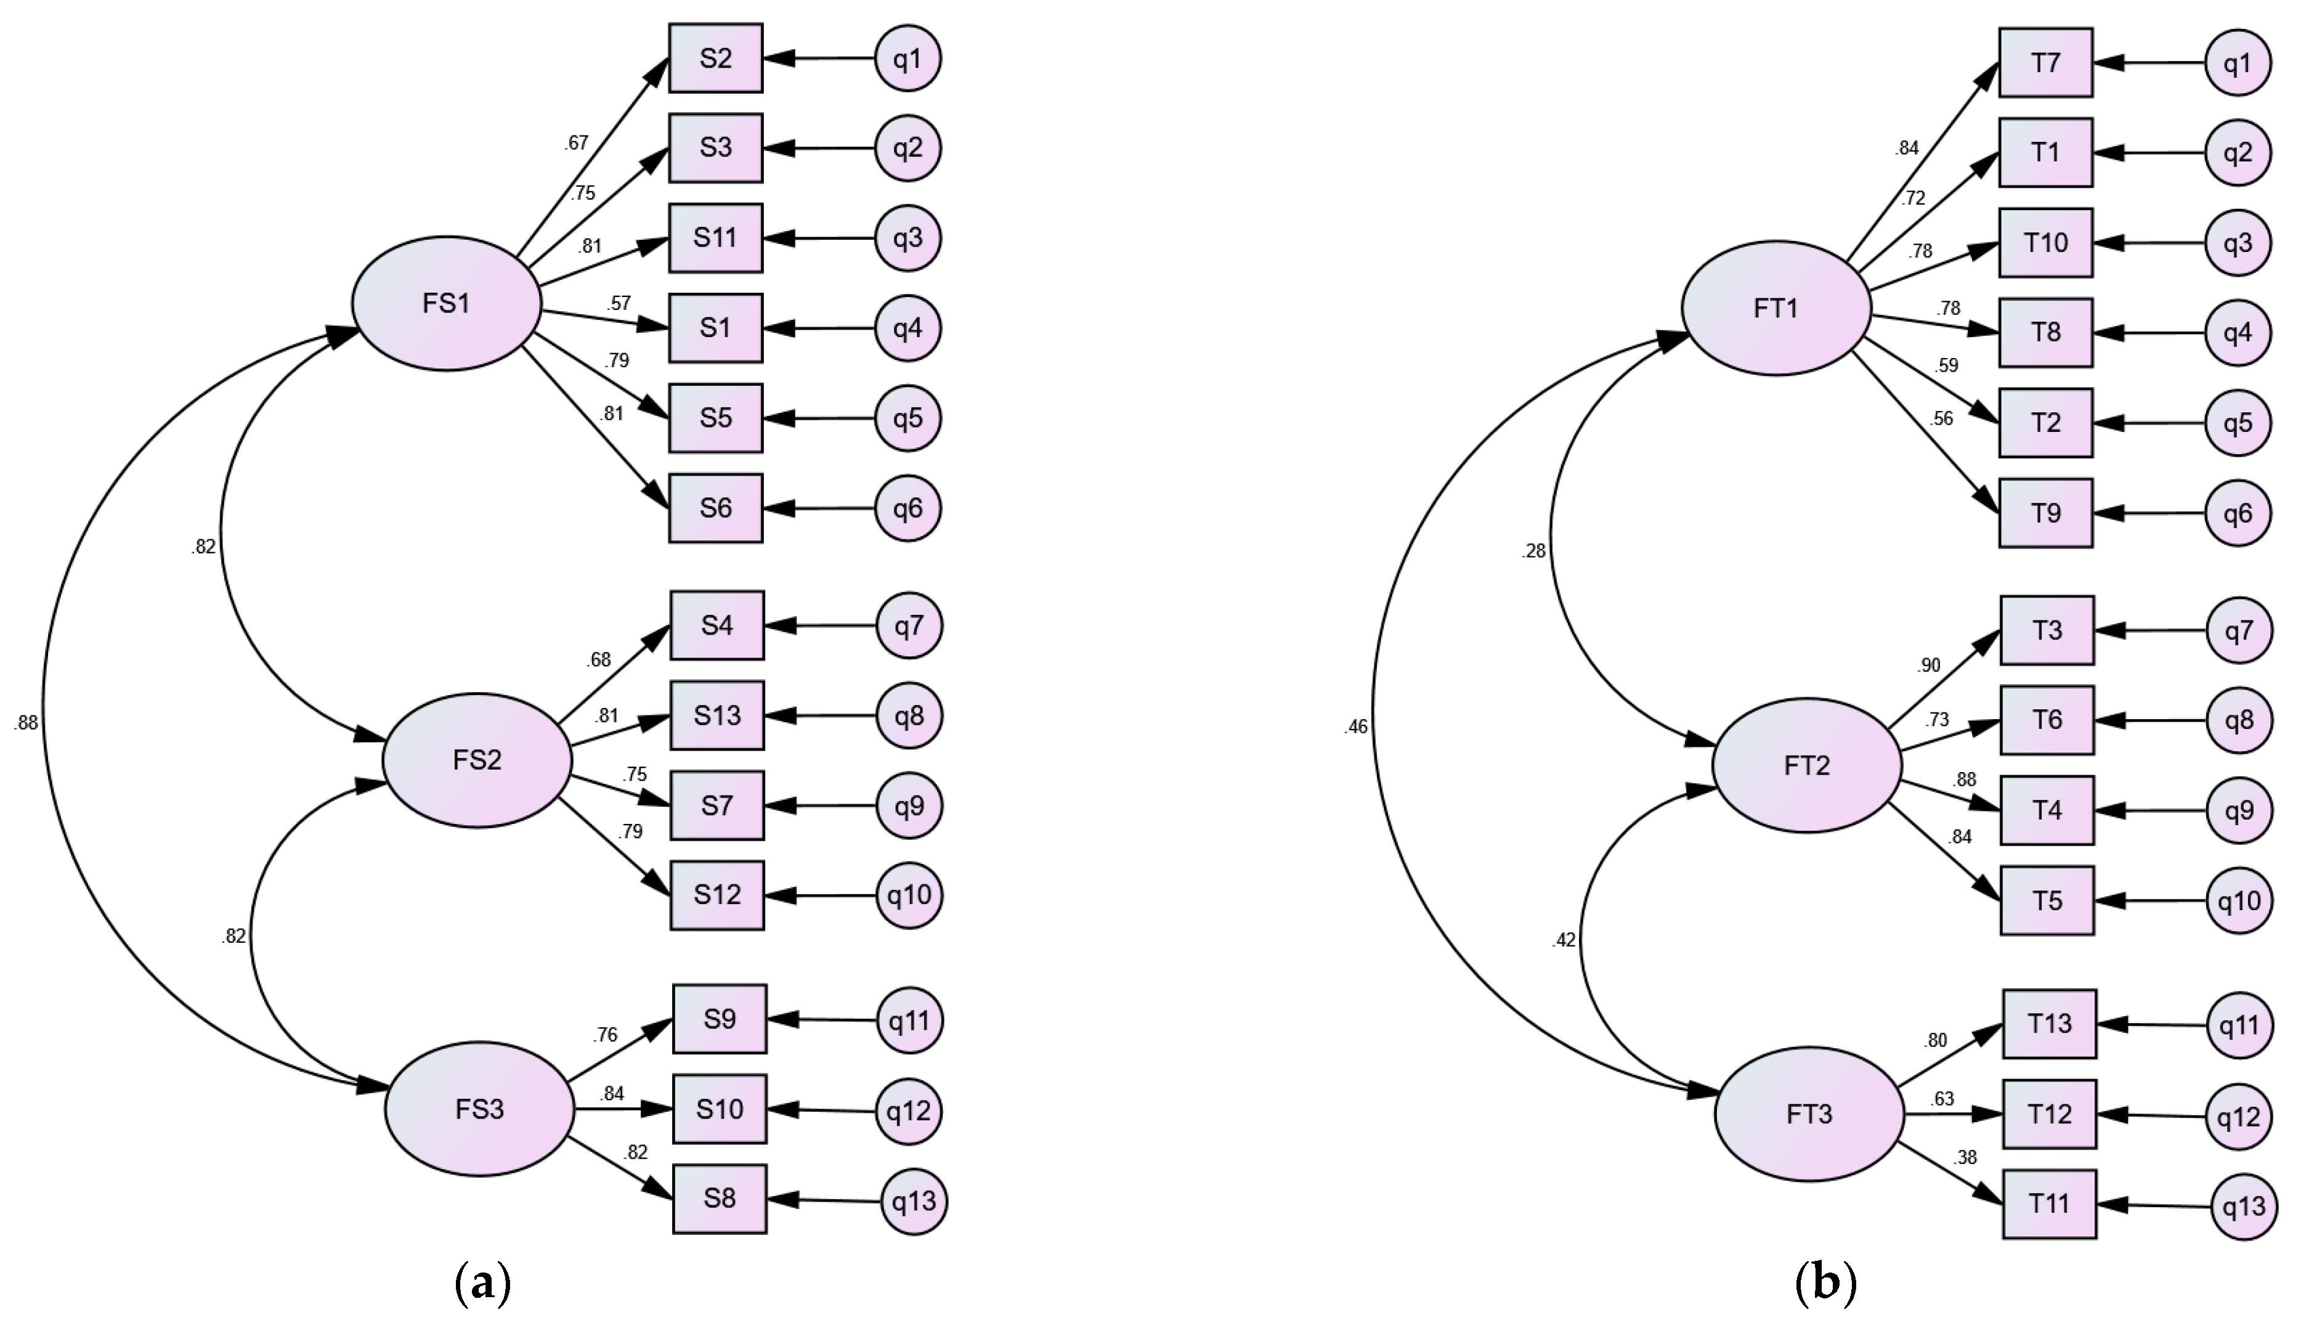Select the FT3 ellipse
1809,1114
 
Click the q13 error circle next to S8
914,1202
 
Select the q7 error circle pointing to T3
2238,630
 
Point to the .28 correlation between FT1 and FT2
1533,551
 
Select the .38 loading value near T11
1965,1157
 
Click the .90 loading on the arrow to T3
1928,666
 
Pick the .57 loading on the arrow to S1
619,303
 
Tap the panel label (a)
482,1284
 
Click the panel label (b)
1825,1284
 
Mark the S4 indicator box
716,625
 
